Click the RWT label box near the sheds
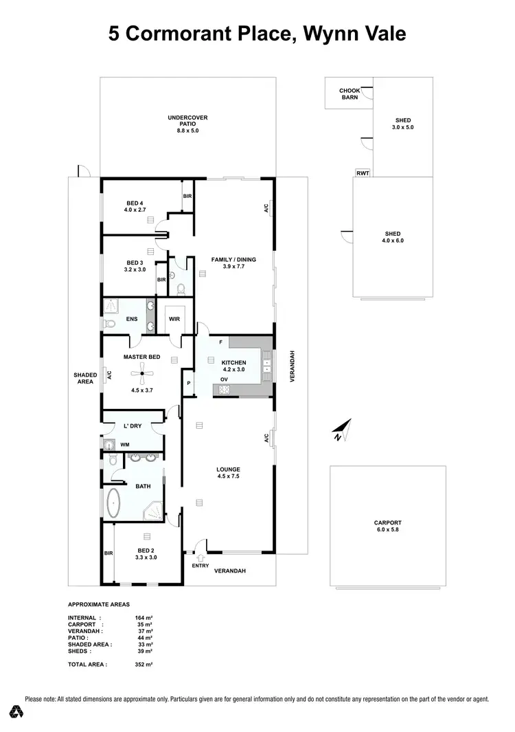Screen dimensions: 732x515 [x=363, y=173]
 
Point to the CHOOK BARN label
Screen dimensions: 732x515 [x=350, y=94]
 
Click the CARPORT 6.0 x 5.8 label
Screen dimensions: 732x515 [x=388, y=526]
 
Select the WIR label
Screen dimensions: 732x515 [x=174, y=320]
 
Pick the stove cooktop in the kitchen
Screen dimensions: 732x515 [x=224, y=390]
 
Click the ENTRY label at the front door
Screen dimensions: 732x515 [x=200, y=565]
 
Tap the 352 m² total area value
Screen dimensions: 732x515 [x=144, y=665]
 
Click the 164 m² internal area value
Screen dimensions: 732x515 [x=144, y=618]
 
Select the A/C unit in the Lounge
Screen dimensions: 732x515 [x=271, y=437]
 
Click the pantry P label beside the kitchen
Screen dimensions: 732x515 [x=188, y=384]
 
